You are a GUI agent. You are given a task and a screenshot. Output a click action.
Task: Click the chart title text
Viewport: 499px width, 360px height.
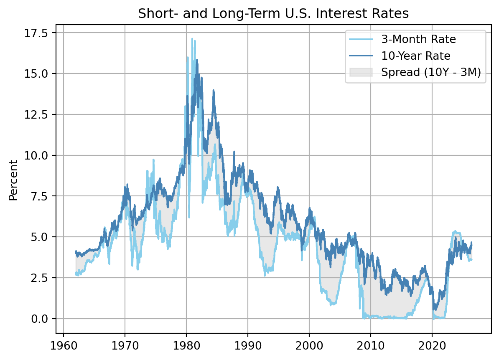(x=273, y=14)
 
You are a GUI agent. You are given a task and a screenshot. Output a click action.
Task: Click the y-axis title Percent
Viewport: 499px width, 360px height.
(x=13, y=180)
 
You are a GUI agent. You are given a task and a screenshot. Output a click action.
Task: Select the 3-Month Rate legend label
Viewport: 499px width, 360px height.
(x=418, y=39)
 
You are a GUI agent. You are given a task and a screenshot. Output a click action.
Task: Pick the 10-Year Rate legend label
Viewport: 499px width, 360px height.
(x=416, y=56)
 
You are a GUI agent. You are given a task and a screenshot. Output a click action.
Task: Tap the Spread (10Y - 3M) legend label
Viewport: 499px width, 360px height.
(x=431, y=73)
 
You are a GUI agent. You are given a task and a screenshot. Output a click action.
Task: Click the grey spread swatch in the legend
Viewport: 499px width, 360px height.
(x=361, y=72)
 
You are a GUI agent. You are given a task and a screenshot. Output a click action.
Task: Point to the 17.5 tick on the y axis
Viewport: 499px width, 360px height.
(x=36, y=33)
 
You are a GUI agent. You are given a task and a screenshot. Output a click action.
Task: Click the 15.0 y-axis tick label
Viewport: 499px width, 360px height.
(x=36, y=74)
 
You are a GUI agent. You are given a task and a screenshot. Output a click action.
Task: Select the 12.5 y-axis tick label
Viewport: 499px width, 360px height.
(x=36, y=114)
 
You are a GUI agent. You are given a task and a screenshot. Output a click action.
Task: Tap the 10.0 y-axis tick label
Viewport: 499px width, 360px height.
(x=36, y=155)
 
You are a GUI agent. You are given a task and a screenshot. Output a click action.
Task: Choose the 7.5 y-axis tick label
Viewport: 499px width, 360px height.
(x=39, y=196)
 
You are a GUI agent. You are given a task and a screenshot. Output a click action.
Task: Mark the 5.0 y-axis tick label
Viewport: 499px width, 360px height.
(x=39, y=237)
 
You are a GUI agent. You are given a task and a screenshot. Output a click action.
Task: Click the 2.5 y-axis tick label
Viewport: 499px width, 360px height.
(x=39, y=278)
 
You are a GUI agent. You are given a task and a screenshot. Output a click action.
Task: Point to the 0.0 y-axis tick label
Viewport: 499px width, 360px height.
(x=39, y=319)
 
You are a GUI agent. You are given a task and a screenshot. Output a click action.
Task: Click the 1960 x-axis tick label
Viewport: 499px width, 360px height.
(x=64, y=346)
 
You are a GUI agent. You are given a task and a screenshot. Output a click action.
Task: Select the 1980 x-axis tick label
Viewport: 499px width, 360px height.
(x=186, y=346)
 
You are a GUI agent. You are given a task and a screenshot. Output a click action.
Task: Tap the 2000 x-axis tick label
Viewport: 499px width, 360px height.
(x=309, y=346)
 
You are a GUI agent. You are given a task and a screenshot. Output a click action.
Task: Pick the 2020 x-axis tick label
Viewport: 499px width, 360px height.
(x=432, y=346)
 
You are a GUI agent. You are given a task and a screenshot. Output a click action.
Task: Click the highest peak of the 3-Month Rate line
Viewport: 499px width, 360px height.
(x=192, y=39)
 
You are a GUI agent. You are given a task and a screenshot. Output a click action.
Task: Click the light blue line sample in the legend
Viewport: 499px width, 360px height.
(x=361, y=39)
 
